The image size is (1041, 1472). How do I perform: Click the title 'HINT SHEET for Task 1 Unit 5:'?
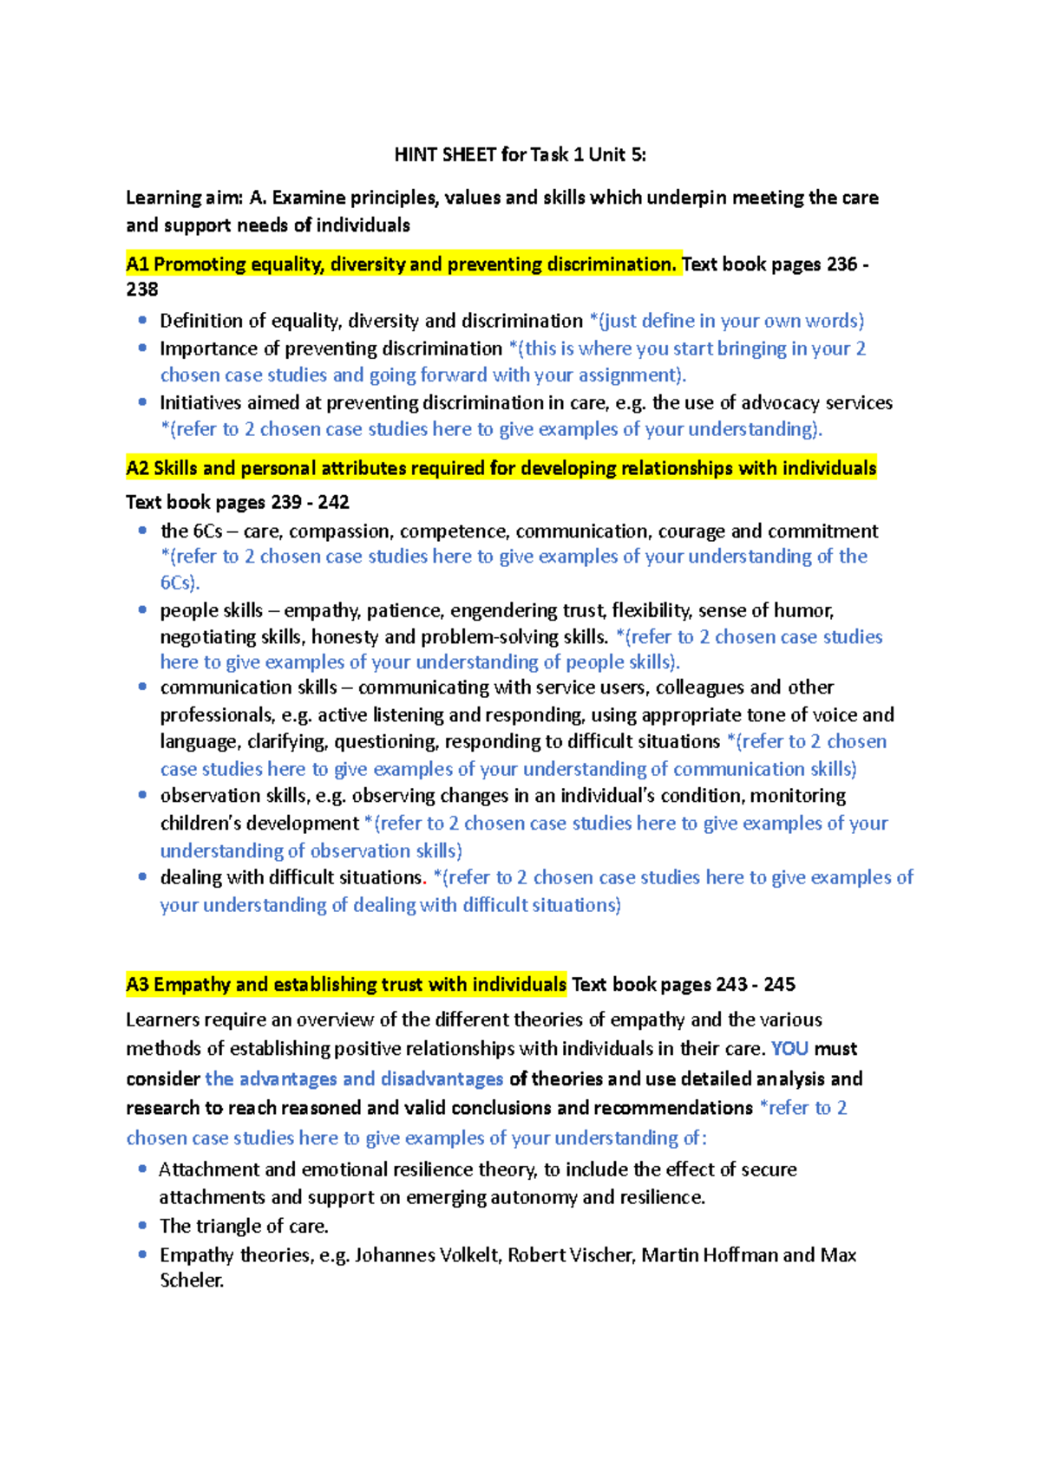(x=520, y=155)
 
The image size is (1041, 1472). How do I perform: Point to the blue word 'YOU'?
(x=789, y=1049)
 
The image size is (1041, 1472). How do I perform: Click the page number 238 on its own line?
(x=142, y=290)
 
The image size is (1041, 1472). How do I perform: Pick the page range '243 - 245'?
(x=756, y=985)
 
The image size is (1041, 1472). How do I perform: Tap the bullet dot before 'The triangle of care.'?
(x=142, y=1225)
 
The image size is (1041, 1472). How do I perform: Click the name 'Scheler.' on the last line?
(x=192, y=1280)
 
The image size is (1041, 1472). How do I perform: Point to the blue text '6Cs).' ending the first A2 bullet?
(x=180, y=583)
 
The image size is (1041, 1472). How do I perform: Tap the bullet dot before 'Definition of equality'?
(x=142, y=321)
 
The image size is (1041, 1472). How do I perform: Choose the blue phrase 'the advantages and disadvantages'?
(x=354, y=1079)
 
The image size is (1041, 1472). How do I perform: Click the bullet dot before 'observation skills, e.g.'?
(x=142, y=795)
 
